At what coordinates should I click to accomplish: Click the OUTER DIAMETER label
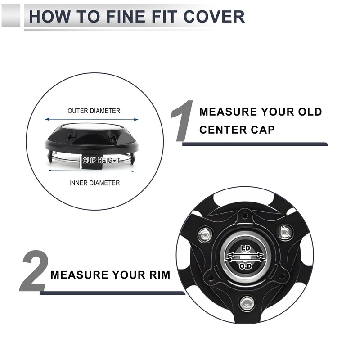coord(94,111)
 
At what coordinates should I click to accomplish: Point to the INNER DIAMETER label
coord(94,183)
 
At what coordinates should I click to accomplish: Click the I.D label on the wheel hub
coord(245,248)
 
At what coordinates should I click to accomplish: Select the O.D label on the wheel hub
coord(245,266)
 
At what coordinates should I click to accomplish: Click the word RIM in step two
coord(157,274)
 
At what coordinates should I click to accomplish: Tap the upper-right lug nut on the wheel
coord(285,232)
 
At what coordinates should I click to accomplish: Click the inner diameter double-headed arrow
coord(92,171)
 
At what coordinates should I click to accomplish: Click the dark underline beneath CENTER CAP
coord(255,144)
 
